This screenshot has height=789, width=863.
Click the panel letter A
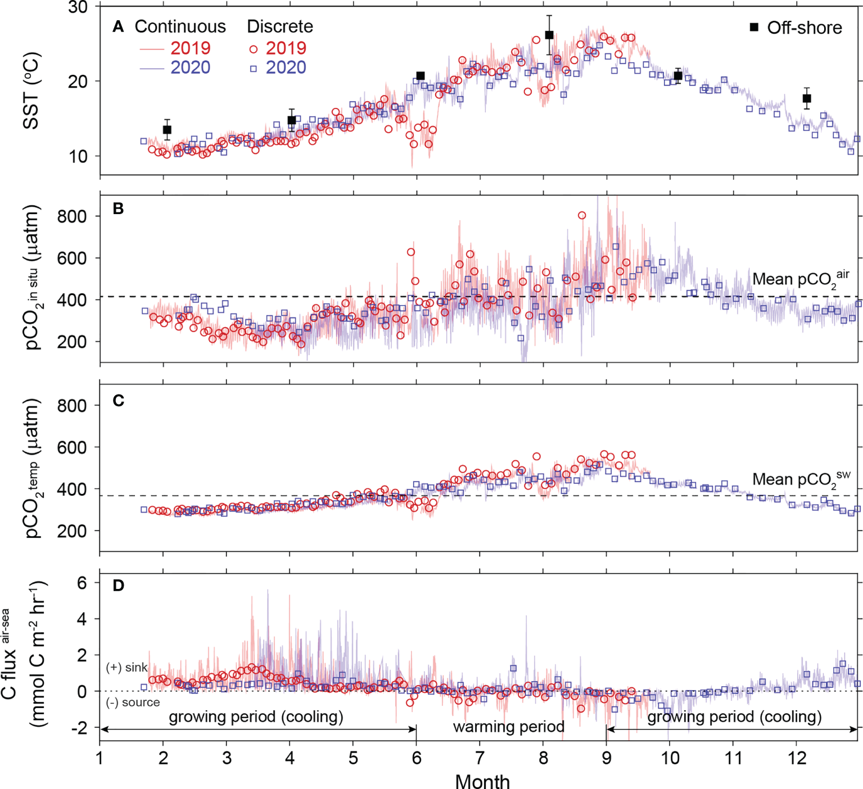118,26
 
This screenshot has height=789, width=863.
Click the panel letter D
118,586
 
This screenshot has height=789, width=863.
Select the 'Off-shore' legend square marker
754,27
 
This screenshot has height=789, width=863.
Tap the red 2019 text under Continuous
190,48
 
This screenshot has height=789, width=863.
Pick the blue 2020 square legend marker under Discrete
254,69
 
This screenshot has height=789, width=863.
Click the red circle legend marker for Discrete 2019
254,49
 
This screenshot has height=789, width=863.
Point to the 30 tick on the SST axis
78,8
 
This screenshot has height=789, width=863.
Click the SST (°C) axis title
31,91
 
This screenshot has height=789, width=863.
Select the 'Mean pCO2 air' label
801,279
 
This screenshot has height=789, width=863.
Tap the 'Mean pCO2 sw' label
801,479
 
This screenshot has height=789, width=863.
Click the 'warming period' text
509,727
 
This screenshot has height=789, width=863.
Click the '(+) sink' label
126,668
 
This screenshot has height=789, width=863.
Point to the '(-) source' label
133,702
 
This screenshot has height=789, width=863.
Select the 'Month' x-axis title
482,781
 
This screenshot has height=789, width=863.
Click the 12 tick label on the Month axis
797,758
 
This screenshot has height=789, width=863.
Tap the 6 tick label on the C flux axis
82,583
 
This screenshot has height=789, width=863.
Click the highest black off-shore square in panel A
549,35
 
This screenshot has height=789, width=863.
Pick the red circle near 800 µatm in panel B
582,215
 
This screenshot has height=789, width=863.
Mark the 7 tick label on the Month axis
480,758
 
